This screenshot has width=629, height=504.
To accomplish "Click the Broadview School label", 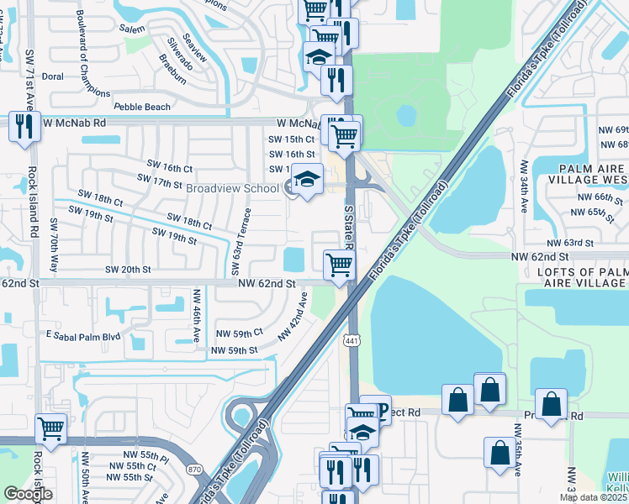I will [232, 188].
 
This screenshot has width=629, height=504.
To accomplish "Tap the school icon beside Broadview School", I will [308, 181].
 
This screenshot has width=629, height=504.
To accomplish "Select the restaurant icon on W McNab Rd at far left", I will [24, 127].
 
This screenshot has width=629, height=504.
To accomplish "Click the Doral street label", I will [53, 76].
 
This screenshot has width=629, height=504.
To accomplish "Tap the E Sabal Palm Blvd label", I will [83, 336].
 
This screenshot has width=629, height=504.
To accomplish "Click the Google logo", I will [28, 494].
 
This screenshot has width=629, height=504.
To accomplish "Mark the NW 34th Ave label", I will [524, 184].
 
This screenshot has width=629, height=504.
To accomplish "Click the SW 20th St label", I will [128, 270].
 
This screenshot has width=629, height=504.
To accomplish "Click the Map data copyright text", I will [594, 497].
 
